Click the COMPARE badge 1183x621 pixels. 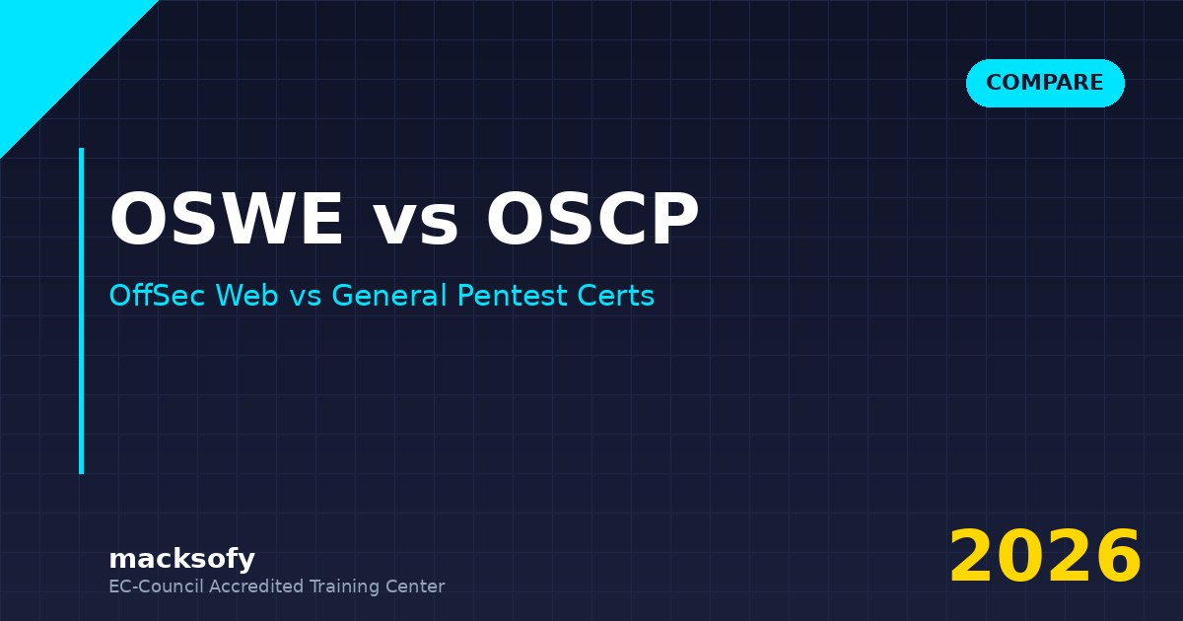tap(1045, 83)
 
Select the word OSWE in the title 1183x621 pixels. tap(227, 221)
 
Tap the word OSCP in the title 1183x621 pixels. tap(591, 221)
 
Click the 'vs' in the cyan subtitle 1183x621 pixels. tap(306, 298)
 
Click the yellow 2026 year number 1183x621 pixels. tap(1045, 558)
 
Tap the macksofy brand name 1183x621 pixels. tap(181, 559)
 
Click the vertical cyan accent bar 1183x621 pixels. tap(81, 310)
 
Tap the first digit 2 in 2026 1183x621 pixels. tap(972, 558)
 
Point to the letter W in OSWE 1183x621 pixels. tap(245, 221)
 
